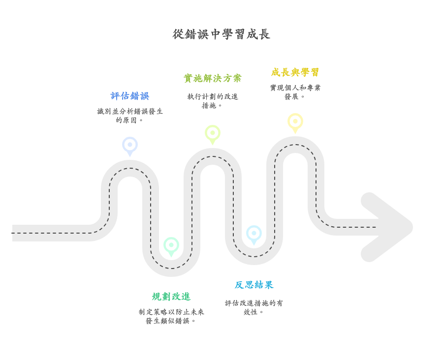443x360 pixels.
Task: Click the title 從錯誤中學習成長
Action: tap(221, 34)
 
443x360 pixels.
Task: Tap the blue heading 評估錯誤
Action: tap(130, 96)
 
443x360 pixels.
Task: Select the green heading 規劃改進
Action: tap(171, 297)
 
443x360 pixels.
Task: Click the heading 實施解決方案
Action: tap(213, 78)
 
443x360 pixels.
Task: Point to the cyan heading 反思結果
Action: tap(254, 285)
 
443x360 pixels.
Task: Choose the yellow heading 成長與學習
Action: tap(295, 72)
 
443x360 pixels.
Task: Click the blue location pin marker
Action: tap(130, 146)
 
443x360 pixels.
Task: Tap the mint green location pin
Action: tap(171, 246)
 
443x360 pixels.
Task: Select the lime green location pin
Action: tap(213, 134)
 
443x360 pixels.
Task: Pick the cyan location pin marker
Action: tap(254, 234)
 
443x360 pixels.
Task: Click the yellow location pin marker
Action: tap(295, 122)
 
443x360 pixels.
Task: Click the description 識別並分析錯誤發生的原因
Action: tap(130, 116)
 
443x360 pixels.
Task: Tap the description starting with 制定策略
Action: tap(171, 316)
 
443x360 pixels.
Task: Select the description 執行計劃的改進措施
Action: tap(213, 101)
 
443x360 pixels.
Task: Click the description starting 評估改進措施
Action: tap(254, 307)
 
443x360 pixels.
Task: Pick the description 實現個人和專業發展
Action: tap(295, 92)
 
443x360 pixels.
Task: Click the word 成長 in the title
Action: tap(258, 34)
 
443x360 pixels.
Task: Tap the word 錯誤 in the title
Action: tap(197, 34)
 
